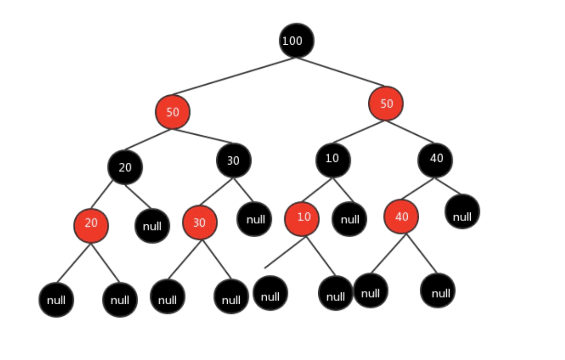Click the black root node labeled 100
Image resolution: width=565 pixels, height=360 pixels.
click(296, 40)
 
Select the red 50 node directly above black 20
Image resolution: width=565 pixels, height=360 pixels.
click(172, 112)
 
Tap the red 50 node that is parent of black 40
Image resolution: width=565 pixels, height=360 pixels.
click(385, 104)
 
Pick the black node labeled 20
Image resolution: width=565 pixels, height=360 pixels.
click(125, 168)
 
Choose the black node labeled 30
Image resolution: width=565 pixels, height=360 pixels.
click(233, 160)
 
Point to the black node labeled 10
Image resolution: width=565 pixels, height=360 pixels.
click(333, 160)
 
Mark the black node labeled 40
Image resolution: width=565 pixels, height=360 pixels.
click(435, 160)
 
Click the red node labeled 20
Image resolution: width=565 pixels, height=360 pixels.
click(91, 226)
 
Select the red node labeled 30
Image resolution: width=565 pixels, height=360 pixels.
click(200, 222)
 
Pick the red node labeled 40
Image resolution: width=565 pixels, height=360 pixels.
click(401, 216)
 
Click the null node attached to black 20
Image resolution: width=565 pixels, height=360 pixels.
click(152, 226)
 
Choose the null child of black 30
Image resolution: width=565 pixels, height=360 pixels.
click(254, 219)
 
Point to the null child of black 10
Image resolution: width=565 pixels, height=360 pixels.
click(349, 219)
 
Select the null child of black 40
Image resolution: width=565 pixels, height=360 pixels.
click(462, 211)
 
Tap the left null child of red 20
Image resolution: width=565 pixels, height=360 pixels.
click(56, 300)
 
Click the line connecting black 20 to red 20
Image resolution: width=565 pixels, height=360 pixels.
click(102, 194)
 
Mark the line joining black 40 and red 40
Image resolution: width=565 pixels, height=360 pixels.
click(418, 188)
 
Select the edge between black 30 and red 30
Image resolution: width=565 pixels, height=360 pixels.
click(216, 191)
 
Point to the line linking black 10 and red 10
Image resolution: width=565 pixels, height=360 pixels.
click(317, 190)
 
